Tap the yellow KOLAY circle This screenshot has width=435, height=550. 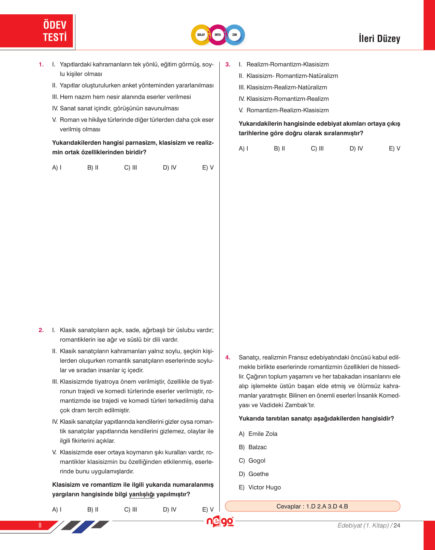pyautogui.click(x=201, y=35)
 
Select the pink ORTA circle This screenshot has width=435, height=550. pyautogui.click(x=218, y=35)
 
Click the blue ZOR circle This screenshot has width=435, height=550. pyautogui.click(x=235, y=35)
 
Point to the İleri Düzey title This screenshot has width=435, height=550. pyautogui.click(x=379, y=38)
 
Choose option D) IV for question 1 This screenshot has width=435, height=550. pyautogui.click(x=170, y=168)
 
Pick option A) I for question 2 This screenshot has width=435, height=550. pyautogui.click(x=57, y=509)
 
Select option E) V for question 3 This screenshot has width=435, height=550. pyautogui.click(x=394, y=148)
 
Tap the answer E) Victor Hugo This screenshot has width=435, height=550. pyautogui.click(x=260, y=487)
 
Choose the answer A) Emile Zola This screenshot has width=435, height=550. pyautogui.click(x=258, y=434)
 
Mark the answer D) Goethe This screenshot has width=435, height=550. pyautogui.click(x=254, y=474)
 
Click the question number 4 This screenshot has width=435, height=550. pyautogui.click(x=228, y=358)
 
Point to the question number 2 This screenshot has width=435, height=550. pyautogui.click(x=41, y=330)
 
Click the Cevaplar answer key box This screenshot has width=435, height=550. pyautogui.click(x=312, y=506)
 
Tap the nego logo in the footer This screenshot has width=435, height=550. pyautogui.click(x=220, y=522)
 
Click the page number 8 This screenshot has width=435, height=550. pyautogui.click(x=40, y=525)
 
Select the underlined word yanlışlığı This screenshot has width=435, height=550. pyautogui.click(x=142, y=494)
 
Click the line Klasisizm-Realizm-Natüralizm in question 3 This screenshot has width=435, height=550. pyautogui.click(x=287, y=88)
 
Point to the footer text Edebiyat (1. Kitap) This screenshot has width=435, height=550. pyautogui.click(x=363, y=525)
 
